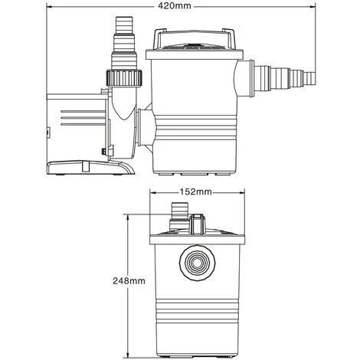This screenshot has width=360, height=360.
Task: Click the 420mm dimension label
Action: tap(195, 7)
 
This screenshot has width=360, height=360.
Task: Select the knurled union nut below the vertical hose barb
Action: tap(123, 77)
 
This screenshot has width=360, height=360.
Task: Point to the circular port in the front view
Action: tap(196, 262)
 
